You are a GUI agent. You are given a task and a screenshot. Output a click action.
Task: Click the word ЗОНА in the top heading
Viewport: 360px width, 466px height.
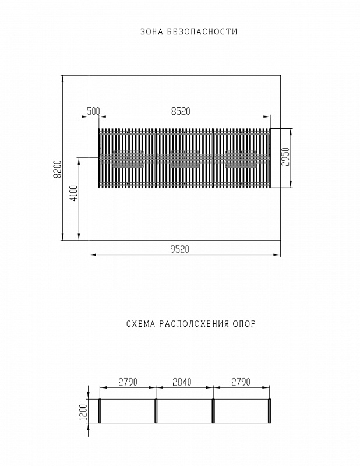[151, 32]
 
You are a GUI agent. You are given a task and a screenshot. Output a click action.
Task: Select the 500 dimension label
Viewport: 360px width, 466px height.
[93, 111]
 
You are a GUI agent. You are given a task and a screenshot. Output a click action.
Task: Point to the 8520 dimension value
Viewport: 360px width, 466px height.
[181, 111]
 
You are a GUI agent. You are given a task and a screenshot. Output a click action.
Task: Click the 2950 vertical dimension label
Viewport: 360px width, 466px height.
[285, 157]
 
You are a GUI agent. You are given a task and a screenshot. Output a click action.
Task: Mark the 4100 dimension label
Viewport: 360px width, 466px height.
[74, 193]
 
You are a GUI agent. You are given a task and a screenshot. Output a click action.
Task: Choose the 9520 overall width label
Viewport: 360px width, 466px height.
[180, 249]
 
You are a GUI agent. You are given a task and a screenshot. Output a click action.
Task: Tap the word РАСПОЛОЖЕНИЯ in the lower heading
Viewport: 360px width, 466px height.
[194, 324]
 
